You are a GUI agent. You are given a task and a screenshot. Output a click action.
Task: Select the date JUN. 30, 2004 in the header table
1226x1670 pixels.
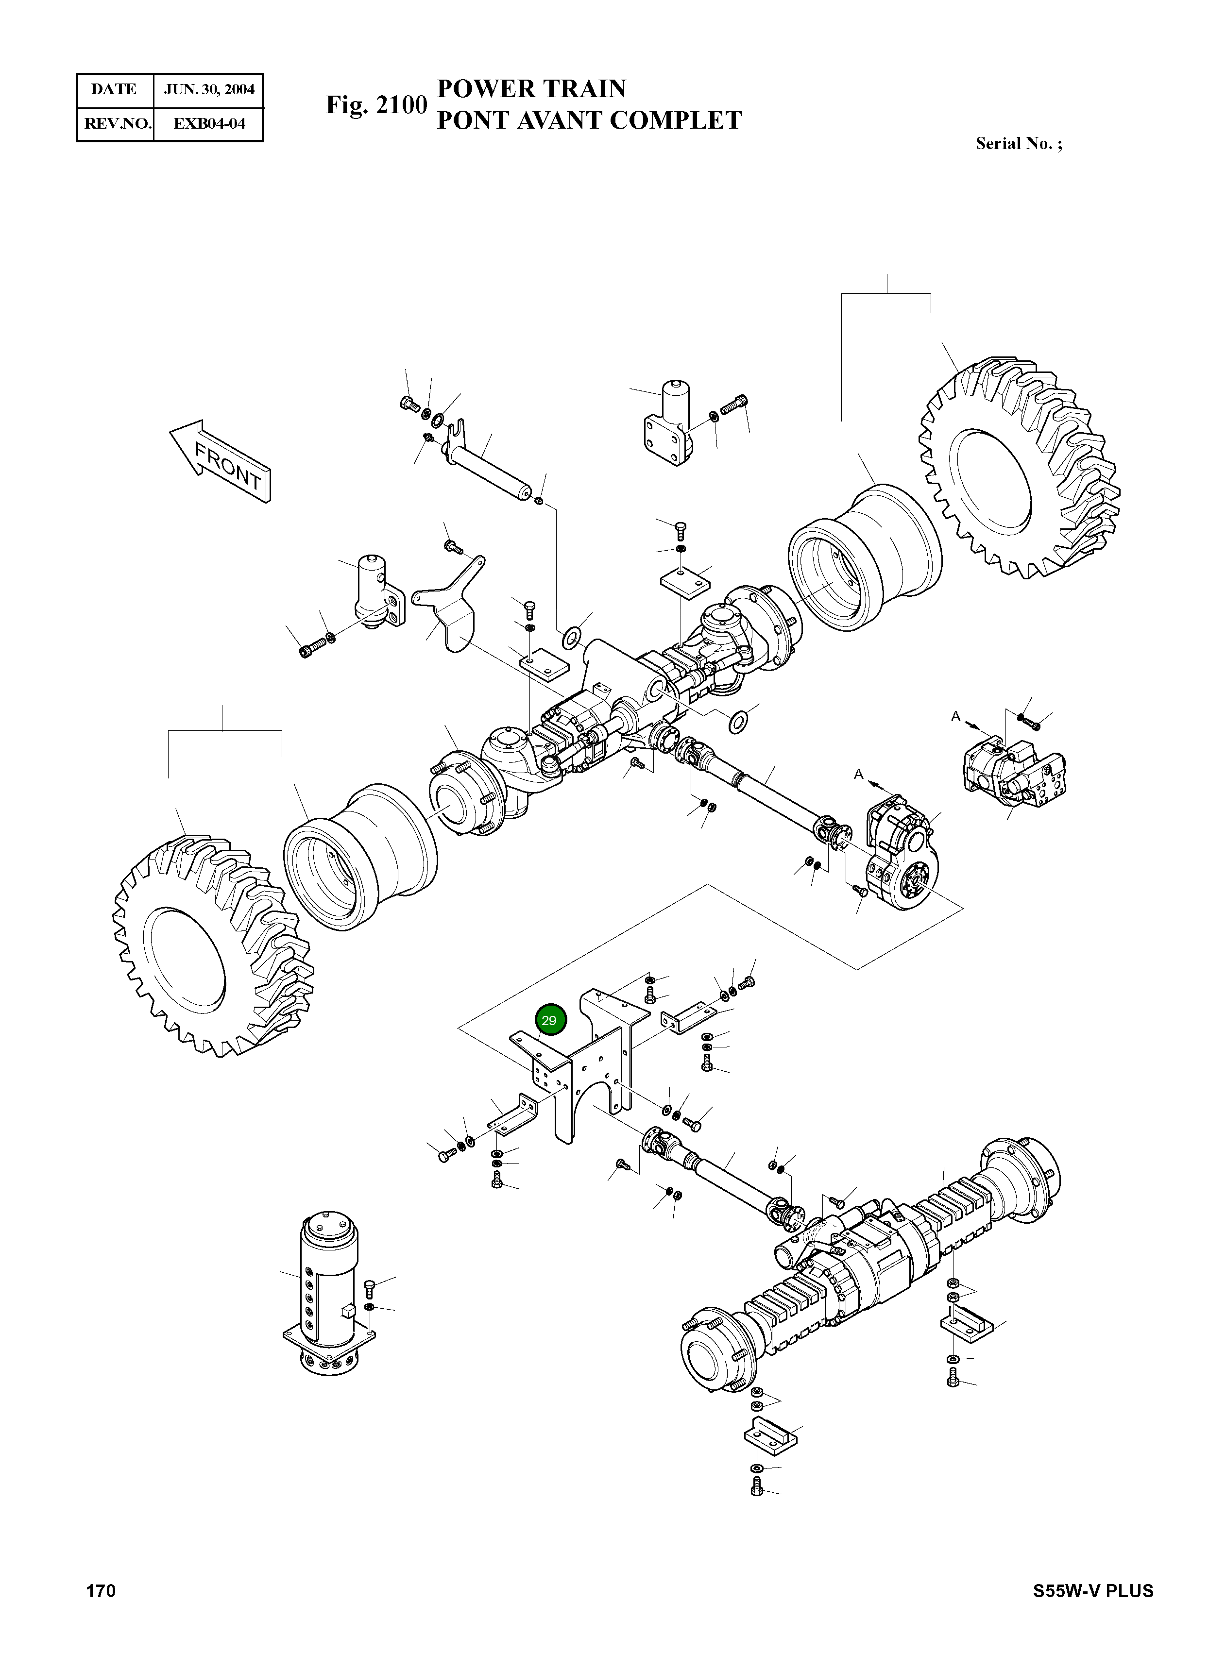click(x=208, y=90)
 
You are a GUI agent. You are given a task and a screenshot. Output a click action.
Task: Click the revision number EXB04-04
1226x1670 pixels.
click(x=208, y=123)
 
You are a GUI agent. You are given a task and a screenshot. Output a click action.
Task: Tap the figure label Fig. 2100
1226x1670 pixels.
click(x=376, y=105)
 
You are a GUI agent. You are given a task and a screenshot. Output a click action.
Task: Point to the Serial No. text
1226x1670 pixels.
click(x=1018, y=144)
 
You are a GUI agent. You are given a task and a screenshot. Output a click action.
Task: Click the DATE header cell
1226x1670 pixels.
click(x=114, y=90)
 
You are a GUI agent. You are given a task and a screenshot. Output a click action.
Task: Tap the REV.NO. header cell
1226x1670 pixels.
click(x=114, y=123)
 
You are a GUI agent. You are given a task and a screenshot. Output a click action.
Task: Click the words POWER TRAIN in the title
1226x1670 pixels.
click(x=531, y=89)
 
